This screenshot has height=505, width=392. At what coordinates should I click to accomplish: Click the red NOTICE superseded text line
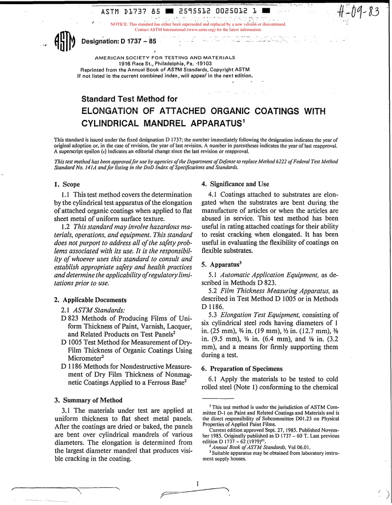[198, 24]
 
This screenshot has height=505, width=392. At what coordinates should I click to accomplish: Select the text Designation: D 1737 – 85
[119, 41]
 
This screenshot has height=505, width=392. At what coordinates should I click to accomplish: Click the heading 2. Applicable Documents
[90, 300]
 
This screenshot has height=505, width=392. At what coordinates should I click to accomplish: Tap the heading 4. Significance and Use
[235, 184]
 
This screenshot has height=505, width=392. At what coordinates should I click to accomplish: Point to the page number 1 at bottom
[198, 483]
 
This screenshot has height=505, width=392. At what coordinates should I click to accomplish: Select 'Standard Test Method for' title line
[129, 99]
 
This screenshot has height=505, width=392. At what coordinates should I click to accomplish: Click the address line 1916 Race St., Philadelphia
[165, 64]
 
